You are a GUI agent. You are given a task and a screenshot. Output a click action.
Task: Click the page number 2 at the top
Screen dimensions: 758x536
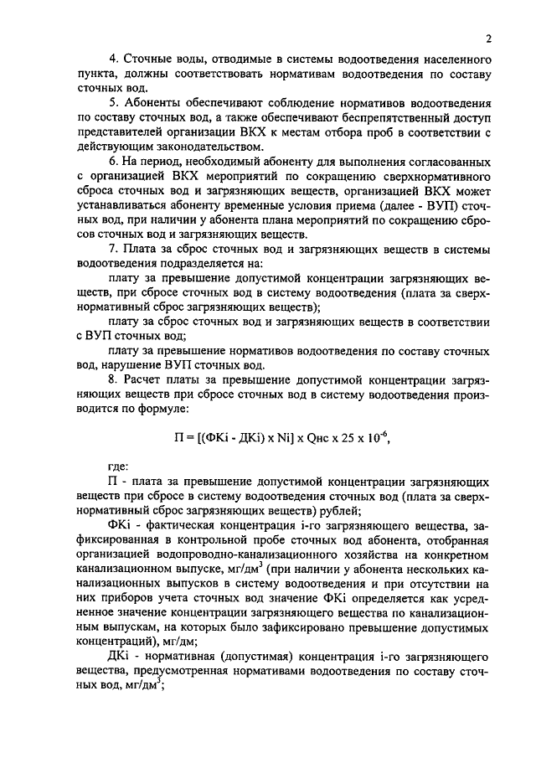click(x=487, y=38)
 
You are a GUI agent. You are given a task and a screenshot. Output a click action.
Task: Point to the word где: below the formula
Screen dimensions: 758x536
click(x=121, y=468)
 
